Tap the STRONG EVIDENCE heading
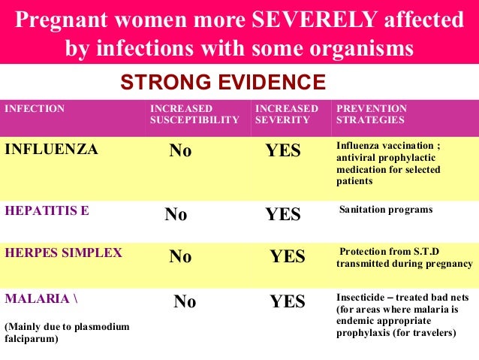(223, 82)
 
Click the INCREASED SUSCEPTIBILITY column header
(194, 114)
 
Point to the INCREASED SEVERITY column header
(287, 114)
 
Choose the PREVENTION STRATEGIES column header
(372, 114)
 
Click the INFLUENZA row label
(51, 150)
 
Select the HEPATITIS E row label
(47, 210)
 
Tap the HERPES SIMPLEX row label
(63, 253)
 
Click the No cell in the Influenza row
(180, 151)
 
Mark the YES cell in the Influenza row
(283, 151)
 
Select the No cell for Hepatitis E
(176, 215)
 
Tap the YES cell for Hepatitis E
(283, 215)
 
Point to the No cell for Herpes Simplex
(180, 257)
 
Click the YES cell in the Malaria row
(288, 302)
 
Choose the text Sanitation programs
(386, 210)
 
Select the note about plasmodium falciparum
(67, 333)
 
